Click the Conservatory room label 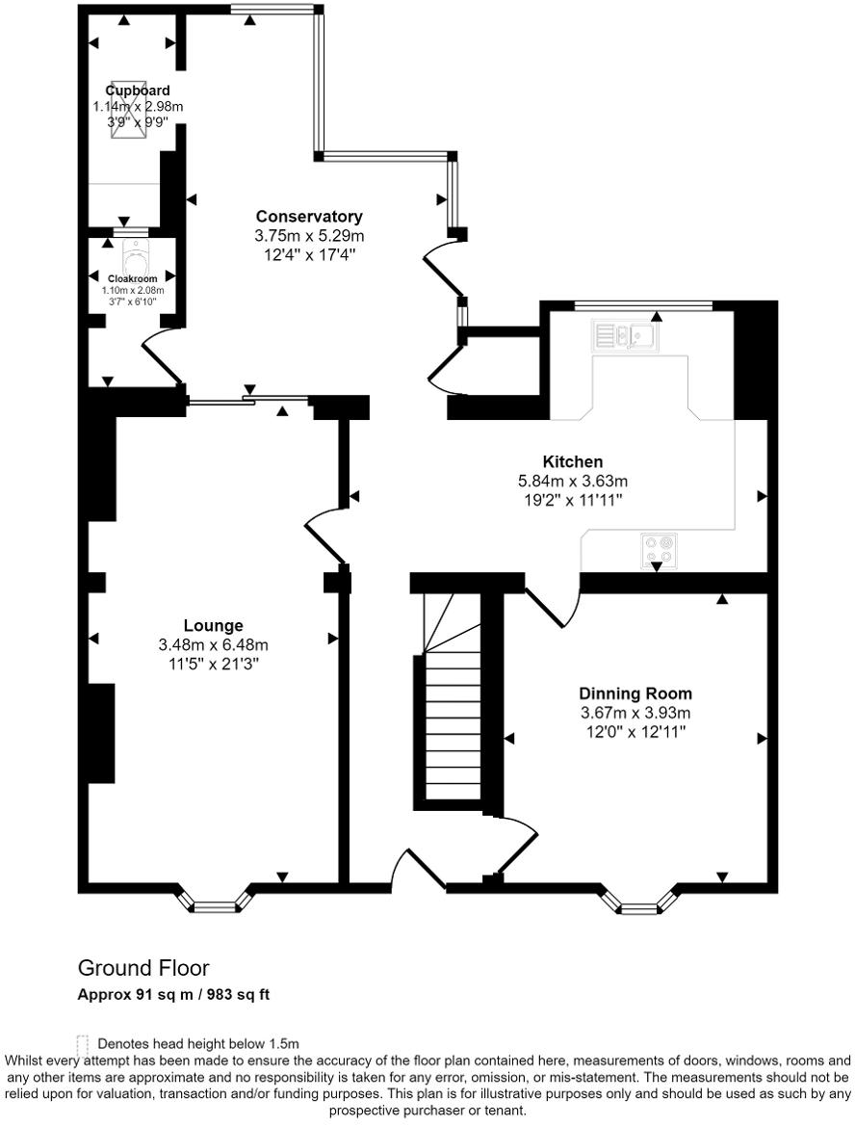(309, 217)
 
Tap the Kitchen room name (572, 462)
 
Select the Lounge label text (214, 625)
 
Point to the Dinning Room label (635, 693)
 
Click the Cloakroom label (133, 278)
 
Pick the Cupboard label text (138, 91)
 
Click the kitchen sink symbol (627, 335)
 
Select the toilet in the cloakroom (134, 258)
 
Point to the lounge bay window (218, 902)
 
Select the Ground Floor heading (143, 968)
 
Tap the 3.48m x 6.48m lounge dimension (214, 644)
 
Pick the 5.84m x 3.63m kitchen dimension (572, 481)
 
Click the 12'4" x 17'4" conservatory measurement (309, 254)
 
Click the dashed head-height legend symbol (83, 1043)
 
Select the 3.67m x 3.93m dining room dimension (635, 713)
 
